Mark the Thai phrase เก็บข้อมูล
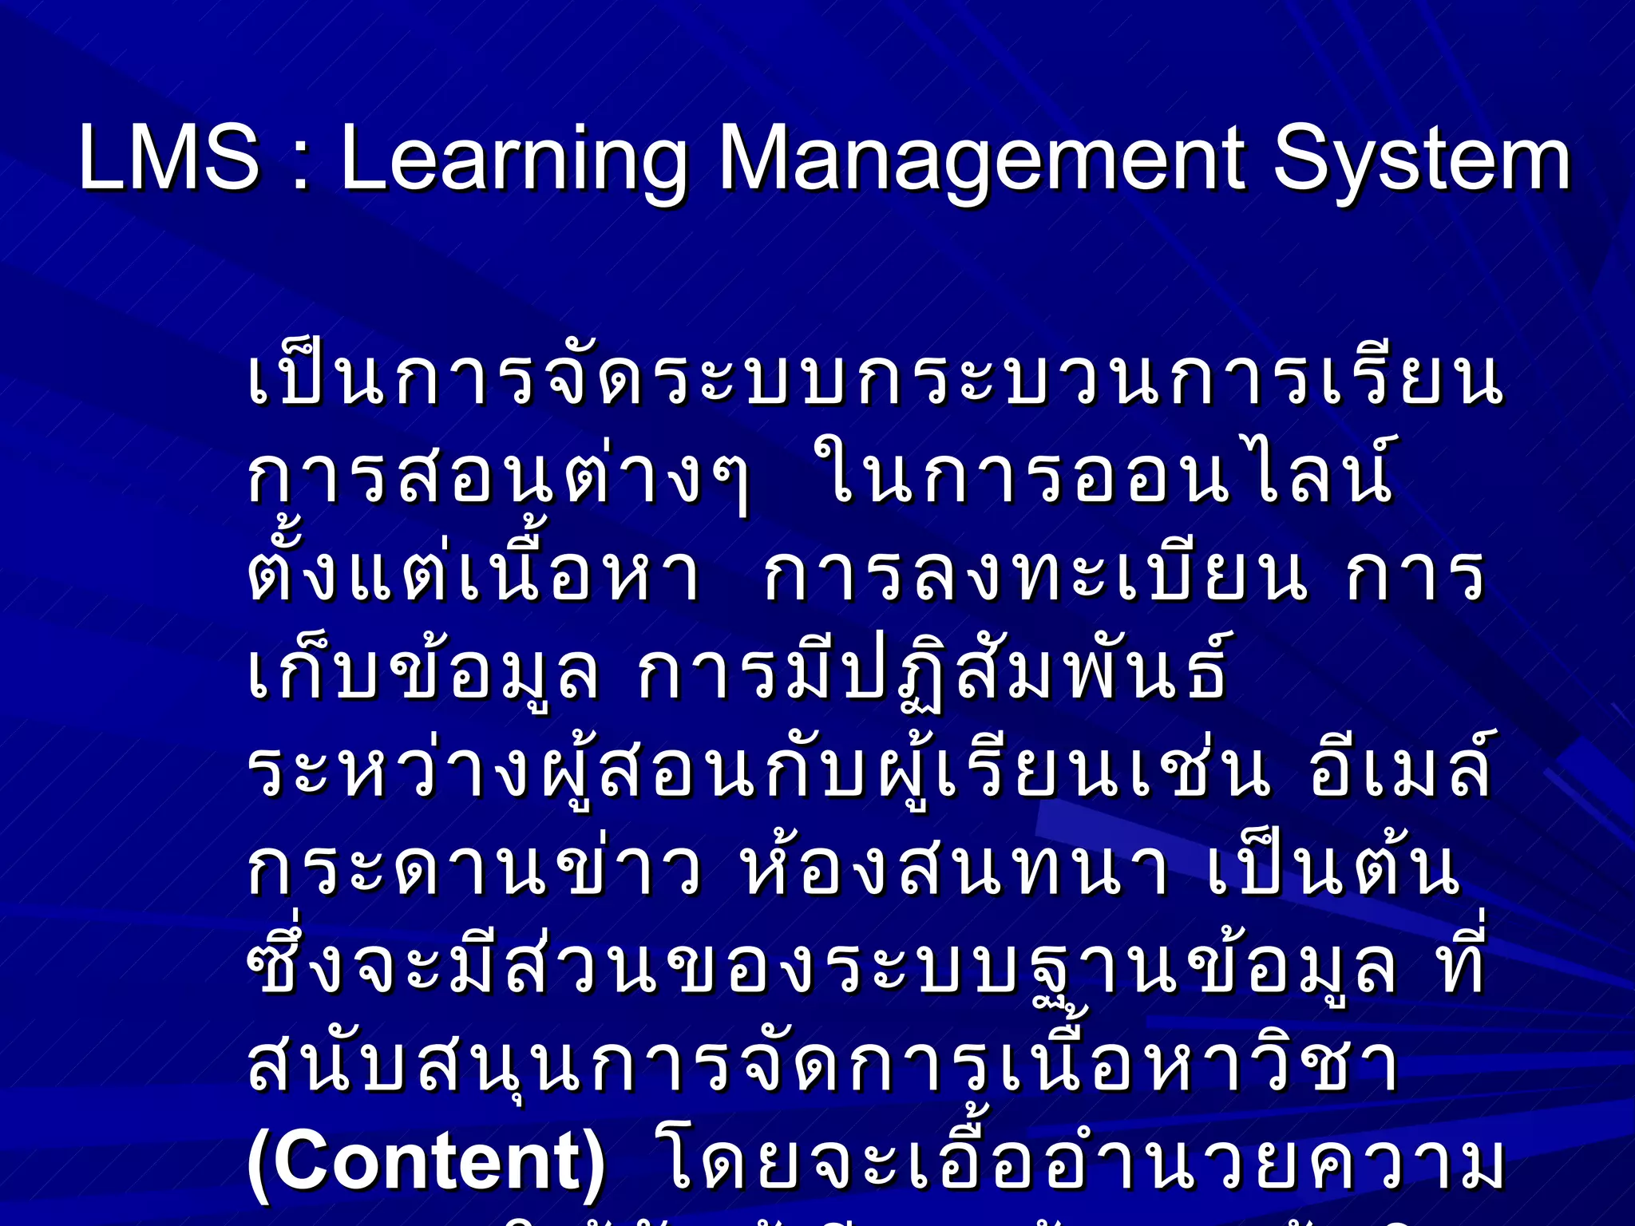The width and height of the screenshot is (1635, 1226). pyautogui.click(x=423, y=674)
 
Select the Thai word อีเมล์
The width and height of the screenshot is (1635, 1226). pyautogui.click(x=1400, y=770)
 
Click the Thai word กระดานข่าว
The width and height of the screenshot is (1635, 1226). pyautogui.click(x=475, y=870)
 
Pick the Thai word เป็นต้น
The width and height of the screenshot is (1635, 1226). pyautogui.click(x=1333, y=870)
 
